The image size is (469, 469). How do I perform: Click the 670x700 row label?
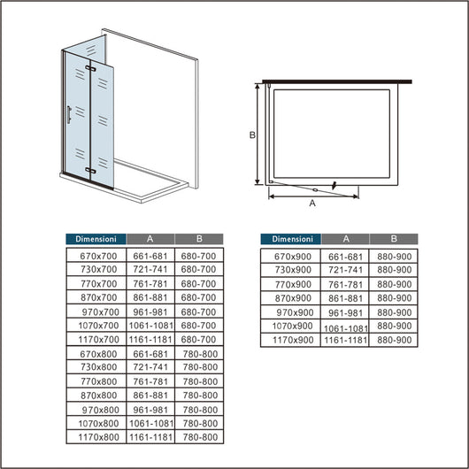pyautogui.click(x=96, y=255)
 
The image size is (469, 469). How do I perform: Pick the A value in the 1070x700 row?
pyautogui.click(x=150, y=325)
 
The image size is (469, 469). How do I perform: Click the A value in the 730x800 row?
pyautogui.click(x=150, y=366)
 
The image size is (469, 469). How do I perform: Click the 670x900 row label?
pyautogui.click(x=294, y=256)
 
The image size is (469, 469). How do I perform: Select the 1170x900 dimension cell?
pyautogui.click(x=294, y=339)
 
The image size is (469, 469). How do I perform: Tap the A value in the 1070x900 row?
pyautogui.click(x=345, y=327)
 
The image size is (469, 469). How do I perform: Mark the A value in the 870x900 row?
pyautogui.click(x=345, y=298)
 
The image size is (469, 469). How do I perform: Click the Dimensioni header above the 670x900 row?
pyautogui.click(x=293, y=239)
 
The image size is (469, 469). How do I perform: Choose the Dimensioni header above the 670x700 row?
pyautogui.click(x=96, y=239)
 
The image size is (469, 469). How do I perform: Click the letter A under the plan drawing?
pyautogui.click(x=312, y=204)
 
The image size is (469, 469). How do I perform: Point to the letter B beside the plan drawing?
pyautogui.click(x=251, y=135)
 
